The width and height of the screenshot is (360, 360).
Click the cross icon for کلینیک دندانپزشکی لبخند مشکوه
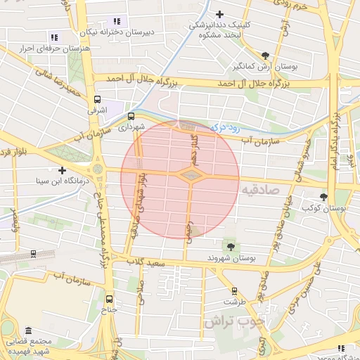(x=220, y=14)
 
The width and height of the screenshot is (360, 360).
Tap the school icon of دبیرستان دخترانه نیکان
(x=117, y=22)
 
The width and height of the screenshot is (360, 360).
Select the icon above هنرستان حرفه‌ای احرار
(x=54, y=37)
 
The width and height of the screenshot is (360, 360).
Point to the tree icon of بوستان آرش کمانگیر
(x=264, y=56)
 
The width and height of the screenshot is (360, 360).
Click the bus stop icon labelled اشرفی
(x=96, y=99)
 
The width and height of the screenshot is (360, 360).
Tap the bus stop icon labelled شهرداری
(x=131, y=117)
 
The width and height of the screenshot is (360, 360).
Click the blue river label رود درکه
(x=224, y=128)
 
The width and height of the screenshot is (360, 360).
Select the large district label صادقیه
(x=259, y=190)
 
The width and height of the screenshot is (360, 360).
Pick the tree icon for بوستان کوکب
(x=323, y=198)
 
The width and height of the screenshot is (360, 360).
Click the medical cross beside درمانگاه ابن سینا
(x=63, y=170)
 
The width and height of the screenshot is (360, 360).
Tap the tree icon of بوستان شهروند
(x=229, y=245)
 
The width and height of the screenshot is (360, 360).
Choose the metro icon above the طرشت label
(x=234, y=290)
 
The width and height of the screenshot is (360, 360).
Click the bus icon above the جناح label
(x=108, y=298)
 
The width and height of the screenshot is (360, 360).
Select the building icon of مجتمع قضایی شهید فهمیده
(x=28, y=330)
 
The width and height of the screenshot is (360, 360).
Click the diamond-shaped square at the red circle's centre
(x=191, y=174)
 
